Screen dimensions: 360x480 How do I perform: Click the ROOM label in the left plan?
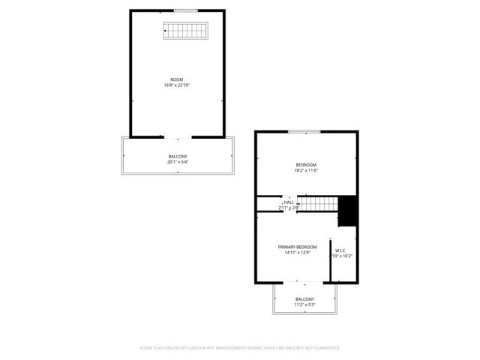pyautogui.click(x=177, y=79)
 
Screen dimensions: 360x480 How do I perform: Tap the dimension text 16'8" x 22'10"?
pyautogui.click(x=177, y=85)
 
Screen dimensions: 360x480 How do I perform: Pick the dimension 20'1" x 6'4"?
pyautogui.click(x=178, y=161)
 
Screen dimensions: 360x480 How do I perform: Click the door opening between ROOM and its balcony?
pyautogui.click(x=178, y=137)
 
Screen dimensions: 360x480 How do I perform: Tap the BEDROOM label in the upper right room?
pyautogui.click(x=306, y=164)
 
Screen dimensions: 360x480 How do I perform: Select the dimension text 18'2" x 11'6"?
pyautogui.click(x=306, y=171)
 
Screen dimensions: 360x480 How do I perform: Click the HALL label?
pyautogui.click(x=289, y=202)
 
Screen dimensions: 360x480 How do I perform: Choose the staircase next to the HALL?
pyautogui.click(x=318, y=203)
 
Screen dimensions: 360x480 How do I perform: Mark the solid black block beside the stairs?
pyautogui.click(x=348, y=211)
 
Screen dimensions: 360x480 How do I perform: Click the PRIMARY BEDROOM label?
pyautogui.click(x=297, y=247)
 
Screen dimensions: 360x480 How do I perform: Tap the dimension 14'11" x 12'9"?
pyautogui.click(x=297, y=253)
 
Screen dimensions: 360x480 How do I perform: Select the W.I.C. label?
pyautogui.click(x=340, y=250)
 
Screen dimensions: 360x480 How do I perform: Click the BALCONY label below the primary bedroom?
pyautogui.click(x=304, y=298)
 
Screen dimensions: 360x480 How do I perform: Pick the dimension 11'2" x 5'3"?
pyautogui.click(x=304, y=304)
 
